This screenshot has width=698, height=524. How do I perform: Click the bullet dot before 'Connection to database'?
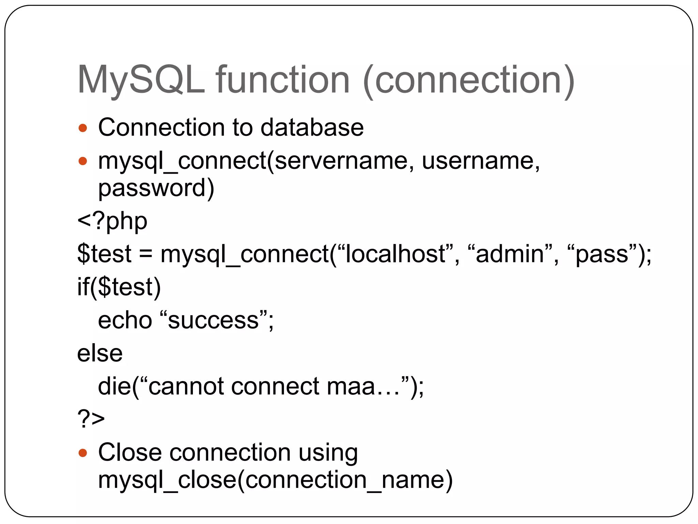(83, 128)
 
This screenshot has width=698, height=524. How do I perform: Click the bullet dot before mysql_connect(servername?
(83, 161)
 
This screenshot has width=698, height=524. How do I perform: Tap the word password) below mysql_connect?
(156, 188)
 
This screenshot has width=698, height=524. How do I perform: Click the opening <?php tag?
(112, 221)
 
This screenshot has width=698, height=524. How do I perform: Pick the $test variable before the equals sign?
(104, 254)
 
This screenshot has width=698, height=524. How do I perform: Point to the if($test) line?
(119, 287)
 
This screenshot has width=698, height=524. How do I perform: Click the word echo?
(125, 320)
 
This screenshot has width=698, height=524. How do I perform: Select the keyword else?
(100, 353)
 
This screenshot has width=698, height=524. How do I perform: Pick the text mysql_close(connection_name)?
(275, 480)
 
